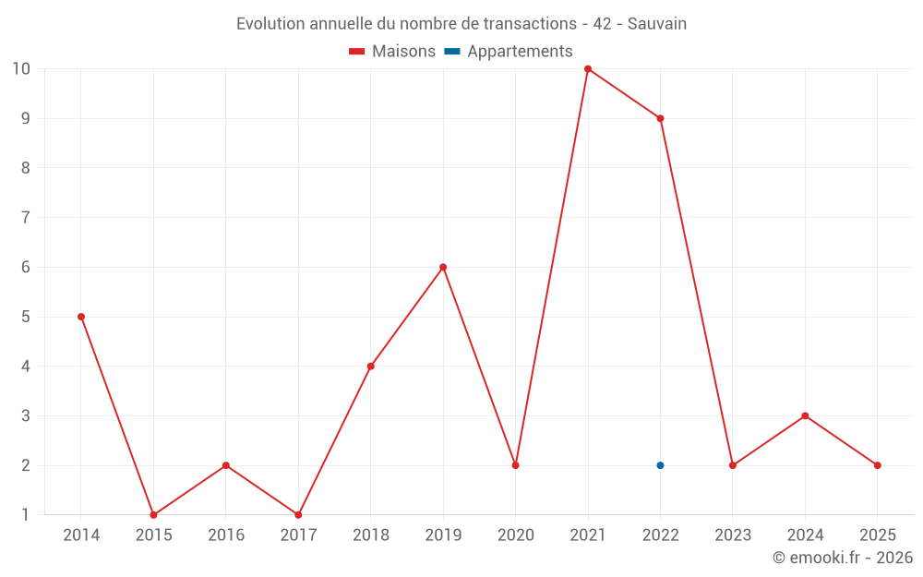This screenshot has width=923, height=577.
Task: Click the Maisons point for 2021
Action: [588, 68]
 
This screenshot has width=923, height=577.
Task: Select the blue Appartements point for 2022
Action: [660, 465]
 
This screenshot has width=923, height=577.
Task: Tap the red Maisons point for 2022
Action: [660, 118]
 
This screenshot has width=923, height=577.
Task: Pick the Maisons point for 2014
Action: [81, 317]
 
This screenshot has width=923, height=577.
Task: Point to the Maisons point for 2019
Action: [443, 267]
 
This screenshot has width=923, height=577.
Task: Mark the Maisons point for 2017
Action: [298, 515]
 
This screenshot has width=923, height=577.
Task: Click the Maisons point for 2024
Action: [805, 415]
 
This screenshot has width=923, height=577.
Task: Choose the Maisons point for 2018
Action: [371, 366]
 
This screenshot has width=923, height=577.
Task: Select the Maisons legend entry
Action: [392, 52]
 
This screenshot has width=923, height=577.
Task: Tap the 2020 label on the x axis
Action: [515, 535]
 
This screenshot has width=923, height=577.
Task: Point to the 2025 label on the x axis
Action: [877, 535]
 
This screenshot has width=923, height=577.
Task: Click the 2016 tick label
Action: [226, 535]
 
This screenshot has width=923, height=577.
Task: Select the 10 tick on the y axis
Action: [21, 68]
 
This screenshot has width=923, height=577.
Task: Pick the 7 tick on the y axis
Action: [25, 217]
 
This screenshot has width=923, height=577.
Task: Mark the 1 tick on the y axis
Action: [25, 515]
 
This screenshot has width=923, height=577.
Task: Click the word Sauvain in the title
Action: [657, 24]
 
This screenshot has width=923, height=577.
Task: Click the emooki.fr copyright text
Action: [843, 558]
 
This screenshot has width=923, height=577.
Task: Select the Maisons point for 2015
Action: [153, 515]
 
